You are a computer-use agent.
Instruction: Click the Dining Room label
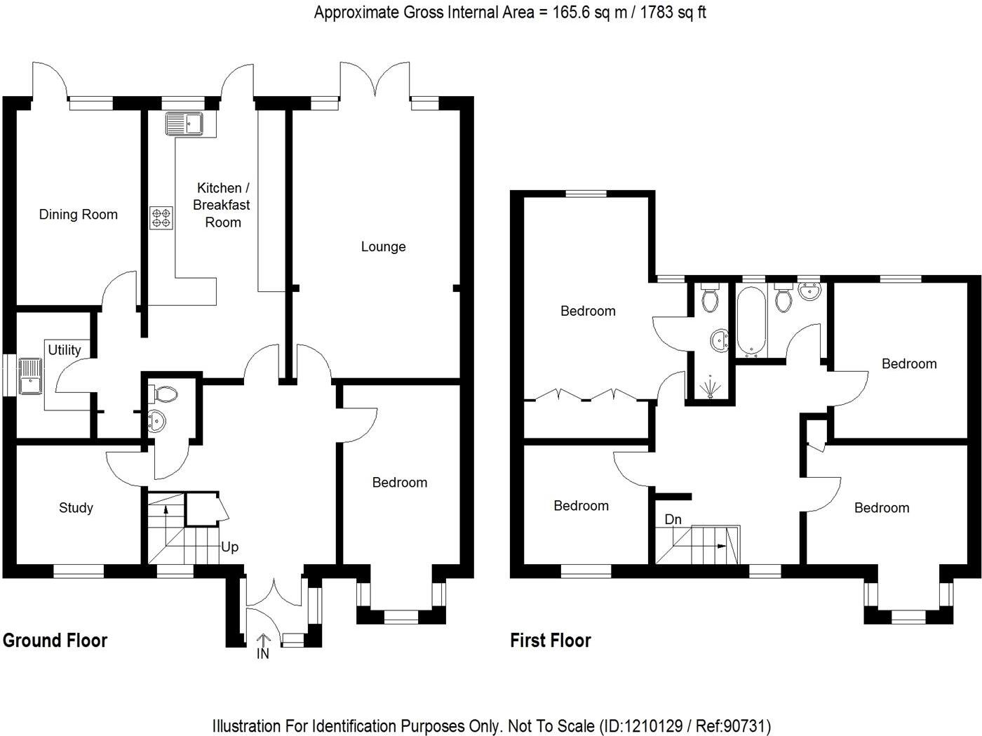coord(78,215)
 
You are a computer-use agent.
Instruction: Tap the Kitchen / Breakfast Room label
coord(222,205)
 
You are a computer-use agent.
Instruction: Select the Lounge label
coord(383,246)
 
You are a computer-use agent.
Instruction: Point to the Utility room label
coord(65,349)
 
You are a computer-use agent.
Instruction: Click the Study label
coord(76,507)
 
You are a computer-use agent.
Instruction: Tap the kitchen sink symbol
coord(184,124)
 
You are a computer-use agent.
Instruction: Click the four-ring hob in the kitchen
coord(161,218)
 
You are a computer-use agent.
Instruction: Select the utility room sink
coord(30,376)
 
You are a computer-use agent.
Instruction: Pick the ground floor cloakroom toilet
coord(164,394)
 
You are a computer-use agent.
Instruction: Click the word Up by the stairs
coord(230,547)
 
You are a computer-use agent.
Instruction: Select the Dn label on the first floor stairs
coord(673,519)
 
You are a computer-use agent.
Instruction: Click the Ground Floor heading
coord(55,640)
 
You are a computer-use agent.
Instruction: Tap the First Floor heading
coord(551,640)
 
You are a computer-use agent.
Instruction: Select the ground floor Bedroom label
coord(399,482)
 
